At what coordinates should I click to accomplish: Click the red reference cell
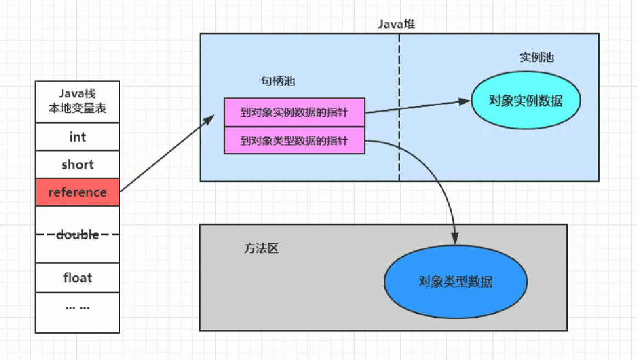(77, 192)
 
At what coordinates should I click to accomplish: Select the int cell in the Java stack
(77, 136)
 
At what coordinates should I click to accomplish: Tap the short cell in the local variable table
(77, 164)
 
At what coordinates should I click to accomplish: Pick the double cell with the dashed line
(77, 235)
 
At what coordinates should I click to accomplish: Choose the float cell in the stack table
(77, 277)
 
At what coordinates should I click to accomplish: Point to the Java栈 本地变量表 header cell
(77, 101)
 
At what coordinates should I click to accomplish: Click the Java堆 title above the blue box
(399, 24)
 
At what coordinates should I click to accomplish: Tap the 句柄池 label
(278, 82)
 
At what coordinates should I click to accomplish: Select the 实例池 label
(537, 58)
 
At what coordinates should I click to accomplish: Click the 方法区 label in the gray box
(261, 248)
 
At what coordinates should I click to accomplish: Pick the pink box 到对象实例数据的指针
(294, 112)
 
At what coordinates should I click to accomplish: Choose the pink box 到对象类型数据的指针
(294, 141)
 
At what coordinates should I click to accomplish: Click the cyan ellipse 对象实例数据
(526, 101)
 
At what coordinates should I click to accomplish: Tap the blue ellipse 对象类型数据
(456, 282)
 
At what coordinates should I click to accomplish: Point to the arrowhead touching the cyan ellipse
(467, 102)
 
